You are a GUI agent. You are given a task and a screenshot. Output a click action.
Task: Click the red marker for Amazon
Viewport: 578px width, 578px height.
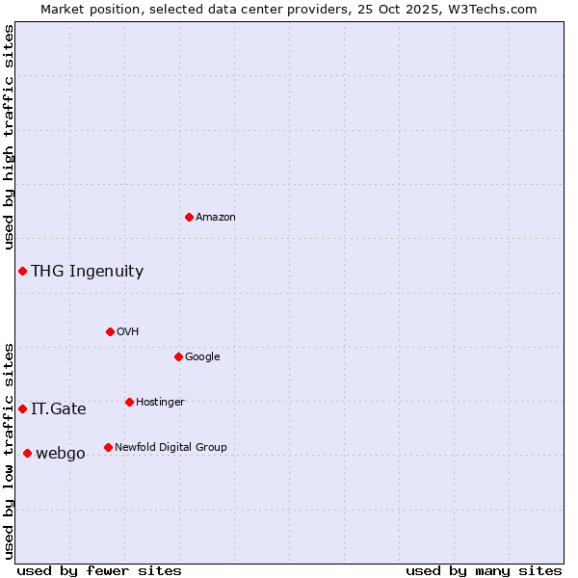[x=189, y=217]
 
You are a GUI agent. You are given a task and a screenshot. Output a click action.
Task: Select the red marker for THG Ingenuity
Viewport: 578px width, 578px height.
[x=22, y=271]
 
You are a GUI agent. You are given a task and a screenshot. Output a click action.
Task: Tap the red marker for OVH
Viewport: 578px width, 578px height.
[x=110, y=331]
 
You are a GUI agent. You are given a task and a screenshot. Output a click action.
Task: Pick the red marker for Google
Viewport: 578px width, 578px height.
[x=178, y=356]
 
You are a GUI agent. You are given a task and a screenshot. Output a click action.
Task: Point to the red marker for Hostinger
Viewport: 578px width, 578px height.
[x=129, y=402]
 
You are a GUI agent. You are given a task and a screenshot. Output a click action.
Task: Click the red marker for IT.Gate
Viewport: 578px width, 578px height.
[x=22, y=408]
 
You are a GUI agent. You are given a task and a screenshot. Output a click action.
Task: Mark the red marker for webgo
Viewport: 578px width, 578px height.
[x=27, y=453]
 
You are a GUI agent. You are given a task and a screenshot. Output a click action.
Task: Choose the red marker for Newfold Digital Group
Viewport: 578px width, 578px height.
[x=108, y=447]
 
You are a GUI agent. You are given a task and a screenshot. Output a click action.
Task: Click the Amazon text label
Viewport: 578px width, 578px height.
[x=216, y=218]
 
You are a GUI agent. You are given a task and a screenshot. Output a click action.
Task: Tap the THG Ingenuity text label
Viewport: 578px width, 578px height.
[x=87, y=272]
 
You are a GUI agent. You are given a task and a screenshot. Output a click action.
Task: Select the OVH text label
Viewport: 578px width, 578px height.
[x=128, y=332]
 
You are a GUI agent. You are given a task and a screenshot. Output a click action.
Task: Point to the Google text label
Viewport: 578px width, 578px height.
[x=202, y=357]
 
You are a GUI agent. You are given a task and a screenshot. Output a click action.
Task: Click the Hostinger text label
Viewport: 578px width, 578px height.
[x=160, y=403]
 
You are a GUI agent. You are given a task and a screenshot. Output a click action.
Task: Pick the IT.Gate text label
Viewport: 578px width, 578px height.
[x=58, y=409]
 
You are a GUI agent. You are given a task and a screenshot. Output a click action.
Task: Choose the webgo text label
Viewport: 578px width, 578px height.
[x=61, y=454]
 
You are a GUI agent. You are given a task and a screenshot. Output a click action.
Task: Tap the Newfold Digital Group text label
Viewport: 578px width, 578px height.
[x=171, y=448]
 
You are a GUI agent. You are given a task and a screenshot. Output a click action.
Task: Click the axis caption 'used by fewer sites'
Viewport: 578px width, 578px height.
[x=99, y=570]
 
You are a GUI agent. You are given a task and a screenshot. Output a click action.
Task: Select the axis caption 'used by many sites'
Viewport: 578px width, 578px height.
[x=484, y=570]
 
